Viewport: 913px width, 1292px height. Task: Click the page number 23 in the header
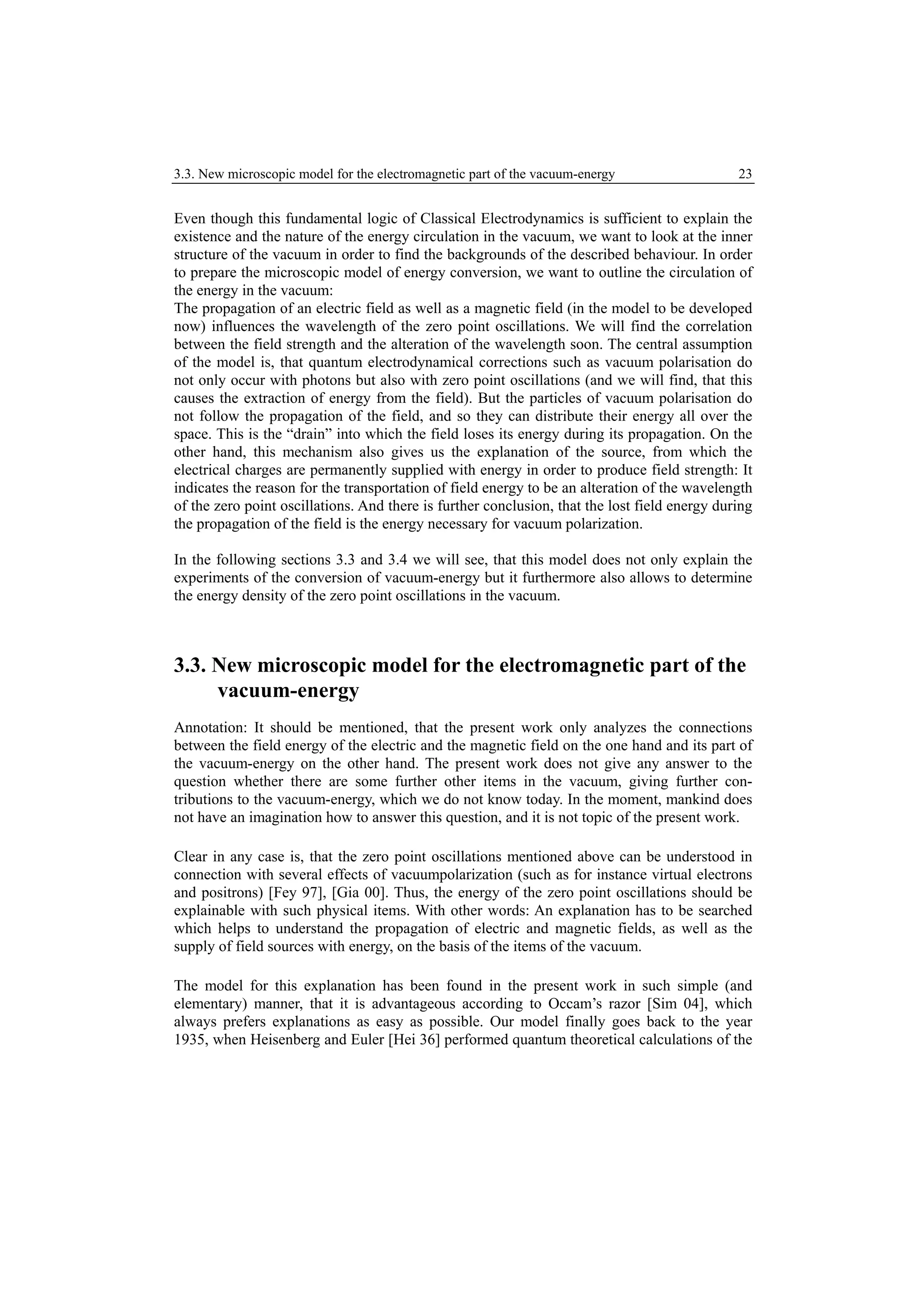point(745,174)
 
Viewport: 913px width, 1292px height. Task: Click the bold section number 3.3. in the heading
point(191,666)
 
